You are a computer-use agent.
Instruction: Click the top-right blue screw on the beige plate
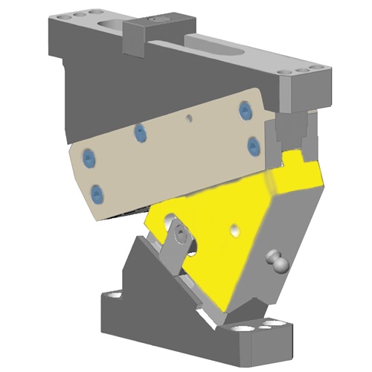coord(243,111)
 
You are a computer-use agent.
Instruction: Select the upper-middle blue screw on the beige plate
coord(138,132)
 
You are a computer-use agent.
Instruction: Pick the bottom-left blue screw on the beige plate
coord(96,195)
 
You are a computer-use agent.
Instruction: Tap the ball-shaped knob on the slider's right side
coord(276,261)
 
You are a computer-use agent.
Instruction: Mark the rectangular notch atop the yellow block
coord(301,158)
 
